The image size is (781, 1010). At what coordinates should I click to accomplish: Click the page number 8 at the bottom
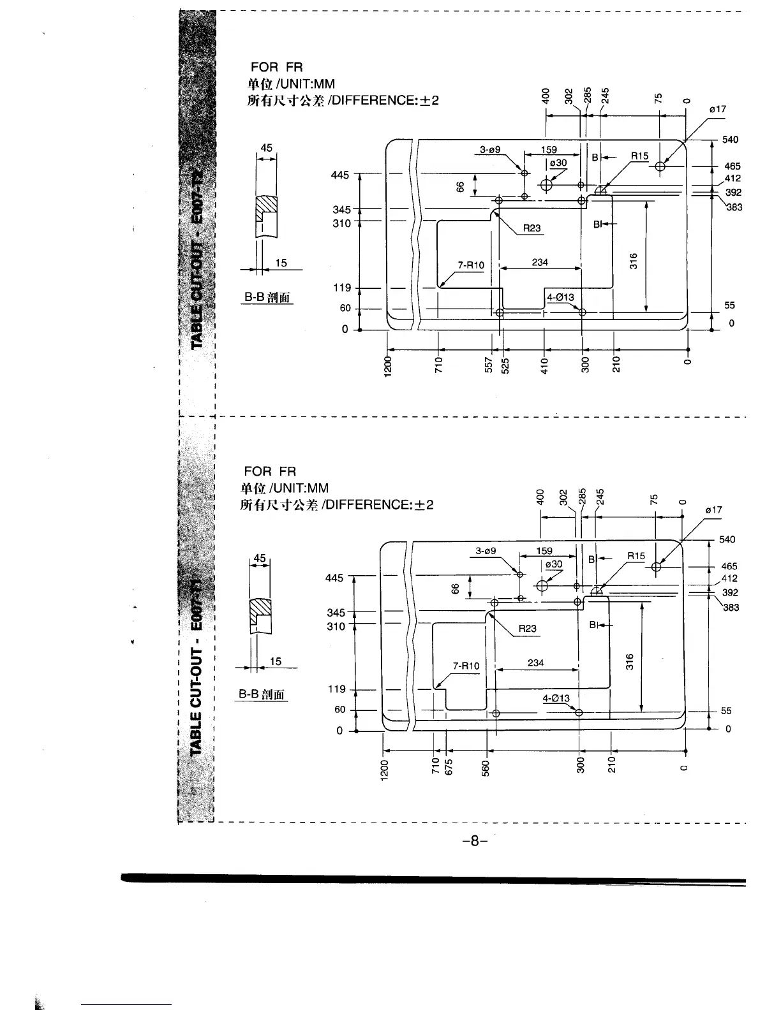[x=474, y=841]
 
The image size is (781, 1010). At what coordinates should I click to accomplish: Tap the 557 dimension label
[x=489, y=365]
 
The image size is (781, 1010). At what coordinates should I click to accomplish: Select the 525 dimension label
[x=505, y=365]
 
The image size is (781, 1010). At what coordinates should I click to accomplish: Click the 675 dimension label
[x=448, y=765]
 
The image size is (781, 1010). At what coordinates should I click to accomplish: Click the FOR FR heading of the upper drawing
[x=276, y=67]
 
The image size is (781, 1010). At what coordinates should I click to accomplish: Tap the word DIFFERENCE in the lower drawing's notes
[x=369, y=504]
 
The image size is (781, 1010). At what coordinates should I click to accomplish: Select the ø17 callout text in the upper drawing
[x=718, y=110]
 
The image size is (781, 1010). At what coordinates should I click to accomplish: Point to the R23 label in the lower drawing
[x=528, y=629]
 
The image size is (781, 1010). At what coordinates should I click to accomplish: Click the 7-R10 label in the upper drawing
[x=471, y=265]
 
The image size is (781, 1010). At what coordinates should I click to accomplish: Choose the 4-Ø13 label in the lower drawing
[x=556, y=698]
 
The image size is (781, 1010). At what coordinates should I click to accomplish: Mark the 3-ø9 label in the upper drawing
[x=490, y=150]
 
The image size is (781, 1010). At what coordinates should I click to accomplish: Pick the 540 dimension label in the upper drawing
[x=730, y=140]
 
